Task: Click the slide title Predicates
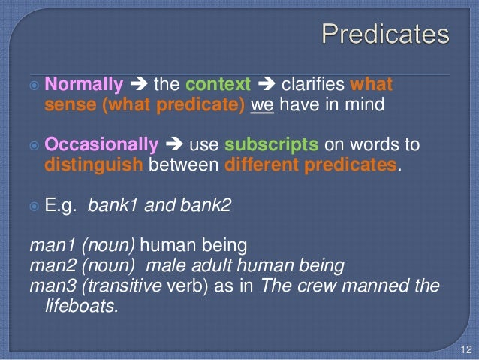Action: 385,35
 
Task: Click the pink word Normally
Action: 84,84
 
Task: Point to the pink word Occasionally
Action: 102,144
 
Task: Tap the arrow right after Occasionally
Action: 173,144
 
